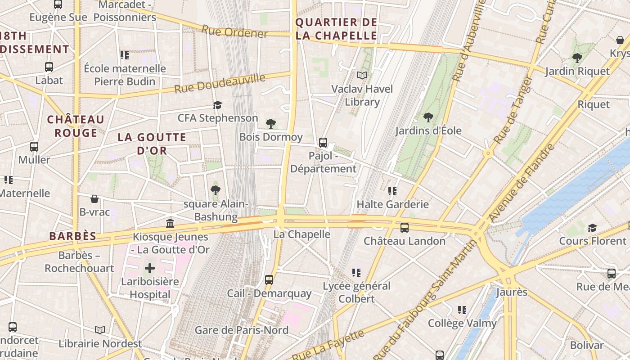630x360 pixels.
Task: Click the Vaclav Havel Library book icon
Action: tap(362, 75)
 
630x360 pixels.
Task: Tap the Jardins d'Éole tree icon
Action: tap(428, 117)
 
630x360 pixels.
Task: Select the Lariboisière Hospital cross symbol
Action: tap(149, 269)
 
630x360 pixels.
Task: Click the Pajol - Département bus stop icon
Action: tap(323, 143)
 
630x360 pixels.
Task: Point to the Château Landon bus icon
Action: tap(405, 228)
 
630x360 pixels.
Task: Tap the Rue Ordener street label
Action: tap(234, 32)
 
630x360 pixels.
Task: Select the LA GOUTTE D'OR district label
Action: tap(152, 144)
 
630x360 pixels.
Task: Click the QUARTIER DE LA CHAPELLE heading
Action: tap(336, 29)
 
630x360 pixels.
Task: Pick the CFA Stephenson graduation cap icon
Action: tap(218, 105)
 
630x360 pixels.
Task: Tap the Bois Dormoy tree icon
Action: tap(270, 123)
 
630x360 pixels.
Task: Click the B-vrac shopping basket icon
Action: tap(94, 199)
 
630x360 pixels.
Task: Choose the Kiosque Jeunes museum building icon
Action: tap(170, 223)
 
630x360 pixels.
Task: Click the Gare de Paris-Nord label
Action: tap(242, 330)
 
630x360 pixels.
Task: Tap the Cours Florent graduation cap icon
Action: tap(592, 228)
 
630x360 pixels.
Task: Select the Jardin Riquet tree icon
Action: tap(577, 58)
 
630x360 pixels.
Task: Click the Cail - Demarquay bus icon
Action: tap(269, 280)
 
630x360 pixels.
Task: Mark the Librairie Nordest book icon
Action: tap(100, 330)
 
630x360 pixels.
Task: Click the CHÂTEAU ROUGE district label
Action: tap(76, 126)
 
